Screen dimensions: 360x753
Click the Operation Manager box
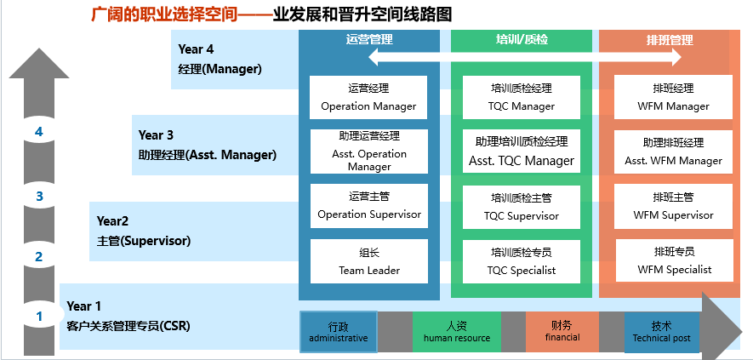click(368, 97)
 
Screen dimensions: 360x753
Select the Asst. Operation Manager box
click(368, 151)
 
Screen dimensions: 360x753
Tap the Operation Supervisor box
click(368, 206)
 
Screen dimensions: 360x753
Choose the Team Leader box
click(368, 261)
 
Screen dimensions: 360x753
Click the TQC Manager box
click(522, 97)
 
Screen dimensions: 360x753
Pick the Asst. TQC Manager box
click(522, 151)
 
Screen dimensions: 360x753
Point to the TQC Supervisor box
click(522, 206)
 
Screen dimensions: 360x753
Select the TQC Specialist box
click(522, 261)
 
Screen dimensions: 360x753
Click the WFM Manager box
click(673, 97)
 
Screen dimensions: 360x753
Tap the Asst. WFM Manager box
click(673, 151)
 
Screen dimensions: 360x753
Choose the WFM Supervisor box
click(673, 206)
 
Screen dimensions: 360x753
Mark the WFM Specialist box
click(674, 261)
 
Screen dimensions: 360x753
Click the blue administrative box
click(338, 331)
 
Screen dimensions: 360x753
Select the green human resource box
click(457, 331)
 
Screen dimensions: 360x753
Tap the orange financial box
click(562, 331)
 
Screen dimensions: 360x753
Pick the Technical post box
click(662, 331)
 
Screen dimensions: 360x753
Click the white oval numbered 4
click(38, 132)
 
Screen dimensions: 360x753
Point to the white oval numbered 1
click(38, 317)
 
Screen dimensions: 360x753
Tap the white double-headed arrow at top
click(525, 57)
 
